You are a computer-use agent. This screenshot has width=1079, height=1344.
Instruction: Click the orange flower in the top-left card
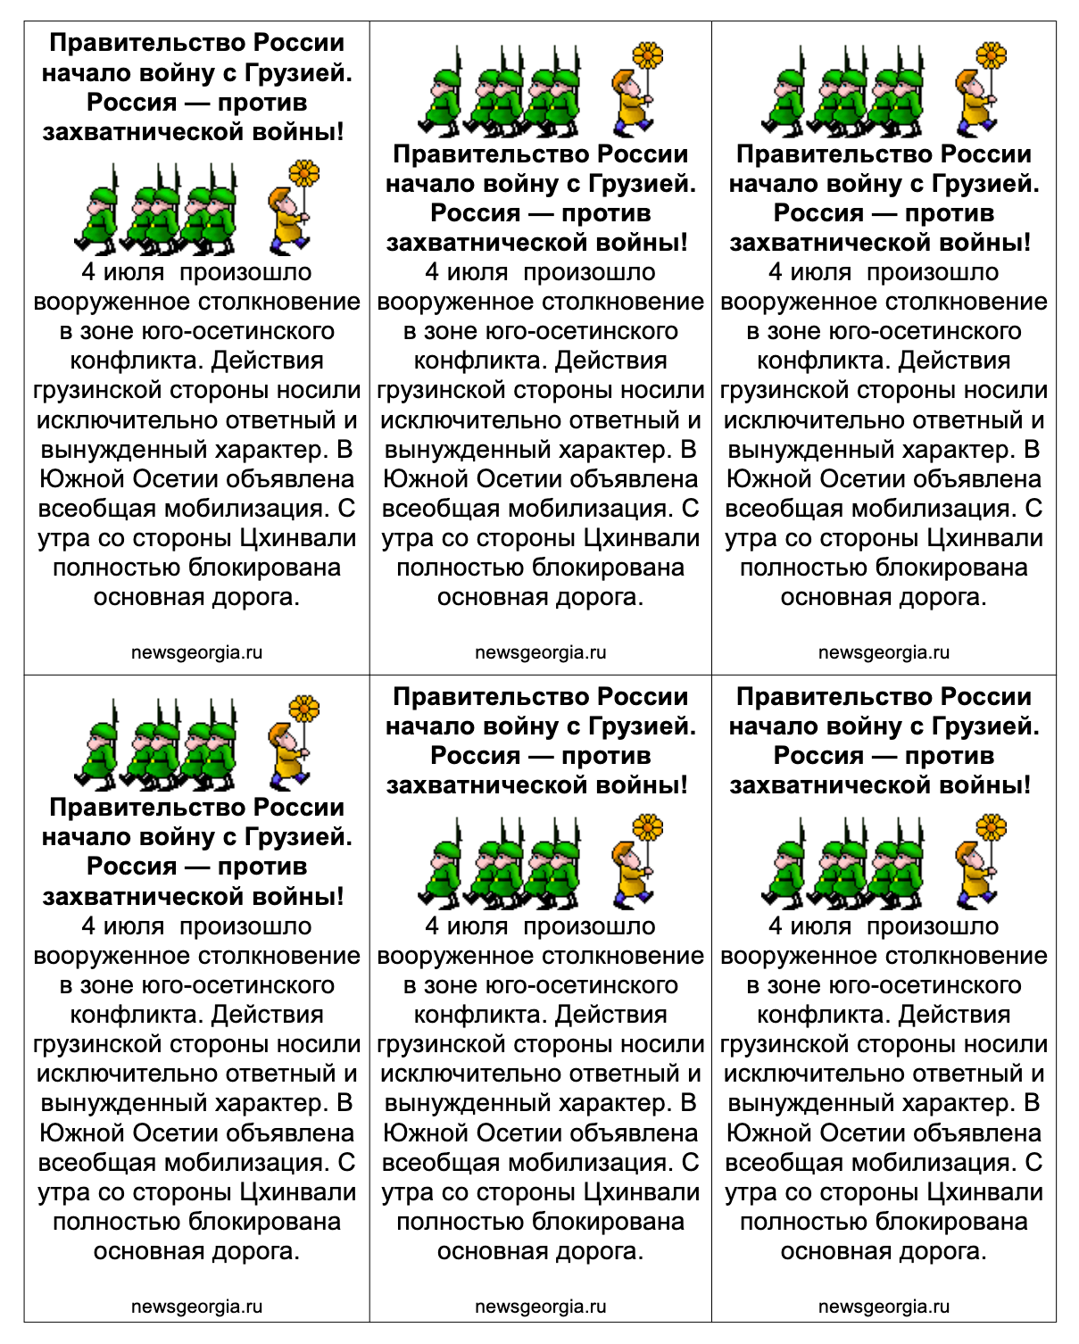(304, 172)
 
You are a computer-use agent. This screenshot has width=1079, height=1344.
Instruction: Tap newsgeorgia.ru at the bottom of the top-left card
(196, 652)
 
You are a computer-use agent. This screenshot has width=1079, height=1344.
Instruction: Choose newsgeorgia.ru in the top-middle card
(540, 652)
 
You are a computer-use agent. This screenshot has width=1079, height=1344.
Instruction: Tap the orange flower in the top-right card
(991, 55)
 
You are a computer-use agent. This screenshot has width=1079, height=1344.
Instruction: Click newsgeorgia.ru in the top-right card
(884, 652)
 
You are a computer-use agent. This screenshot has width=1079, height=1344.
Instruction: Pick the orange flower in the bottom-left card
(304, 709)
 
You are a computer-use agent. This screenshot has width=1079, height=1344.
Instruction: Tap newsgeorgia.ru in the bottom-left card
(196, 1307)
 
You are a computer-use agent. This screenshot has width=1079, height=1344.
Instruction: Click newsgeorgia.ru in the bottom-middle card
(540, 1307)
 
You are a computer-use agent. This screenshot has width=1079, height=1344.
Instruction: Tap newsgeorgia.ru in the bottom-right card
(884, 1307)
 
